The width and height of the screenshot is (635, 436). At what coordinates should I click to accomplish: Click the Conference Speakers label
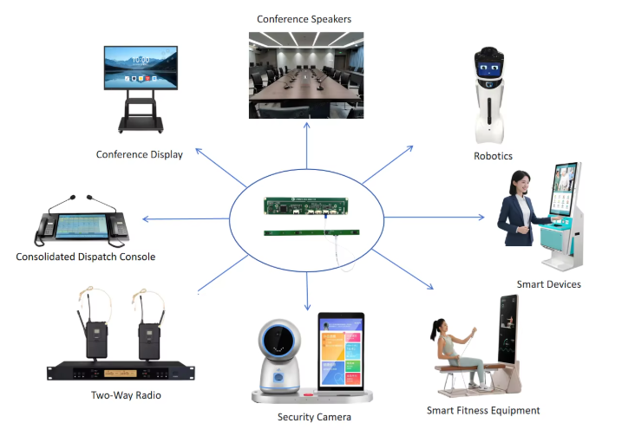click(304, 19)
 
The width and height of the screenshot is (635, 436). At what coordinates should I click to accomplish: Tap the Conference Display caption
click(140, 155)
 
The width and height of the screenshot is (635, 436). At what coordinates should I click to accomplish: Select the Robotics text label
click(493, 156)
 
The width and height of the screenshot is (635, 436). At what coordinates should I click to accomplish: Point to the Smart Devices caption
click(548, 284)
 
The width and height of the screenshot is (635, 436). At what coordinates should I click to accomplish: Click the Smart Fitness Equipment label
click(483, 410)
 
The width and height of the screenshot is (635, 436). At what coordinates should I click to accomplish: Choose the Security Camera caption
click(314, 417)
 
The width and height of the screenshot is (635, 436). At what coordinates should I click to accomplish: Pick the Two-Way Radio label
click(126, 395)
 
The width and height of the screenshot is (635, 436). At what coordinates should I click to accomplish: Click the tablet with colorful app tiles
click(340, 352)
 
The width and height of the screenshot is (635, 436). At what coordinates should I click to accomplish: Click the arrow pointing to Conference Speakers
click(306, 143)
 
